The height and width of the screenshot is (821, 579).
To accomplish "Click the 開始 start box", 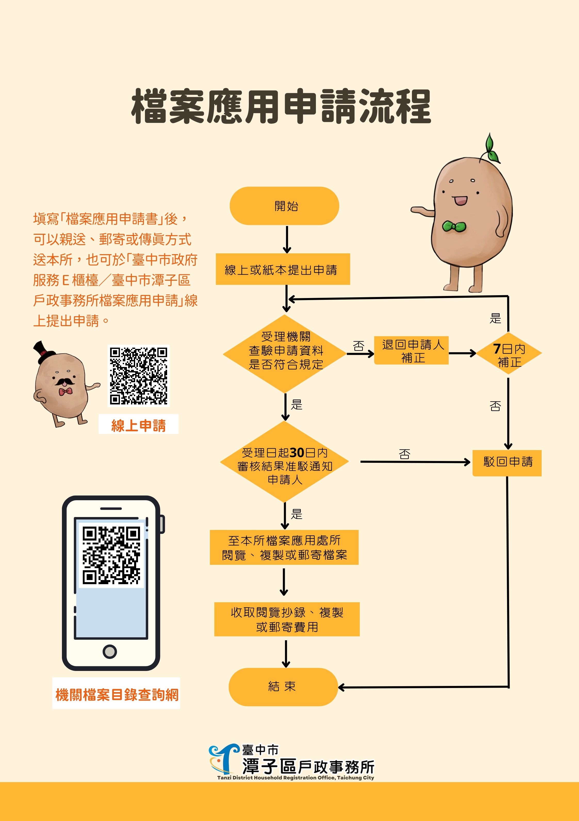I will tap(284, 206).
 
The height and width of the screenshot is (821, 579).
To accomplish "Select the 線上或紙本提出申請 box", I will tap(282, 269).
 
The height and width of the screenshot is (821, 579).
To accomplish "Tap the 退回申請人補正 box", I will tap(411, 350).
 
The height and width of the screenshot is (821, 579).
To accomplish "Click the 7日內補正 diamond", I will tap(509, 353).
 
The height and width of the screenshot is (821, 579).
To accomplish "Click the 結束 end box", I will tap(283, 686).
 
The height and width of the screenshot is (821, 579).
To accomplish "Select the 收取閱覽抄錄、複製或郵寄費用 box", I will tap(287, 619).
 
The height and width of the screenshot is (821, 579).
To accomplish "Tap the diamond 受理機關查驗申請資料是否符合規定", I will tap(285, 353).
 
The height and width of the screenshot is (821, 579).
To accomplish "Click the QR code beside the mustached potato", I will tap(138, 376).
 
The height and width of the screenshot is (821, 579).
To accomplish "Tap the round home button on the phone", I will tap(110, 651).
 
